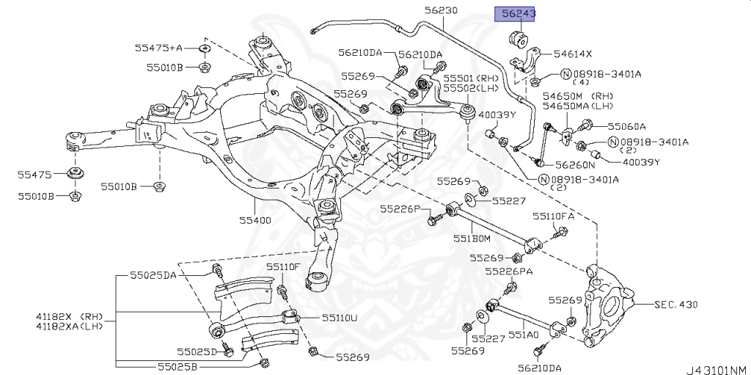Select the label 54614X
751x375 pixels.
[x=573, y=54]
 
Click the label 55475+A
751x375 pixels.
[x=158, y=48]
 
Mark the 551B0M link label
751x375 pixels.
[x=471, y=238]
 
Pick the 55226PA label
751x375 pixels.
[x=508, y=271]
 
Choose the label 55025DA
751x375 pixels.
[x=153, y=275]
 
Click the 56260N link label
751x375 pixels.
[x=575, y=165]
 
